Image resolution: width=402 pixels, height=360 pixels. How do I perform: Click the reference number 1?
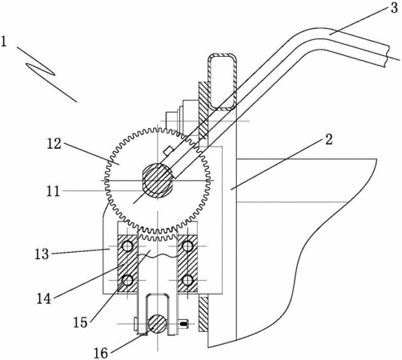[x=3, y=42]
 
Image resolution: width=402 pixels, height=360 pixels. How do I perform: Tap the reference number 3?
[x=394, y=8]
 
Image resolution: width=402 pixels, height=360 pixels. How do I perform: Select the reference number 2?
[x=329, y=139]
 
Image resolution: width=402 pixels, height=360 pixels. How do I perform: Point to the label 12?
[x=54, y=144]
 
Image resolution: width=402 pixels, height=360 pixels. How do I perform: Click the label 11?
[x=53, y=191]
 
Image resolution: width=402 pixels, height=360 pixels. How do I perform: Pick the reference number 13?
[x=42, y=254]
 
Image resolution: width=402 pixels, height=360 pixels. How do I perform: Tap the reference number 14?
[x=44, y=298]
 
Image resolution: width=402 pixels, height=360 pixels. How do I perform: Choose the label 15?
[x=80, y=322]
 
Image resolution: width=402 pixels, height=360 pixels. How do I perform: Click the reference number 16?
[x=101, y=354]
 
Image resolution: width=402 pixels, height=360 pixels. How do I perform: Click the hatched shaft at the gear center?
[x=157, y=181]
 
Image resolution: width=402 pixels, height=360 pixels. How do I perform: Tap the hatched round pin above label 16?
[x=158, y=323]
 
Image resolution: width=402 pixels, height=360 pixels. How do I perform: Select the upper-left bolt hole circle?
[x=127, y=246]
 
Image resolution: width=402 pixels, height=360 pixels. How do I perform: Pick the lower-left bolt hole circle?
[x=127, y=280]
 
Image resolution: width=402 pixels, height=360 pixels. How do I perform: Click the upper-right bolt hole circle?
[x=187, y=246]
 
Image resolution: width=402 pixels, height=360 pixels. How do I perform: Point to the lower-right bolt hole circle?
[x=187, y=280]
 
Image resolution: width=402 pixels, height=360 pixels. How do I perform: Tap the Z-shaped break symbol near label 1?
[x=41, y=69]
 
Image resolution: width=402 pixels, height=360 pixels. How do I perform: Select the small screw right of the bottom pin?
[x=183, y=324]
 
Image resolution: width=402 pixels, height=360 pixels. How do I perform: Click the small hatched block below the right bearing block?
[x=203, y=314]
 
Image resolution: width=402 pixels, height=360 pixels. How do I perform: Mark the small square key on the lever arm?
[x=167, y=150]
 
